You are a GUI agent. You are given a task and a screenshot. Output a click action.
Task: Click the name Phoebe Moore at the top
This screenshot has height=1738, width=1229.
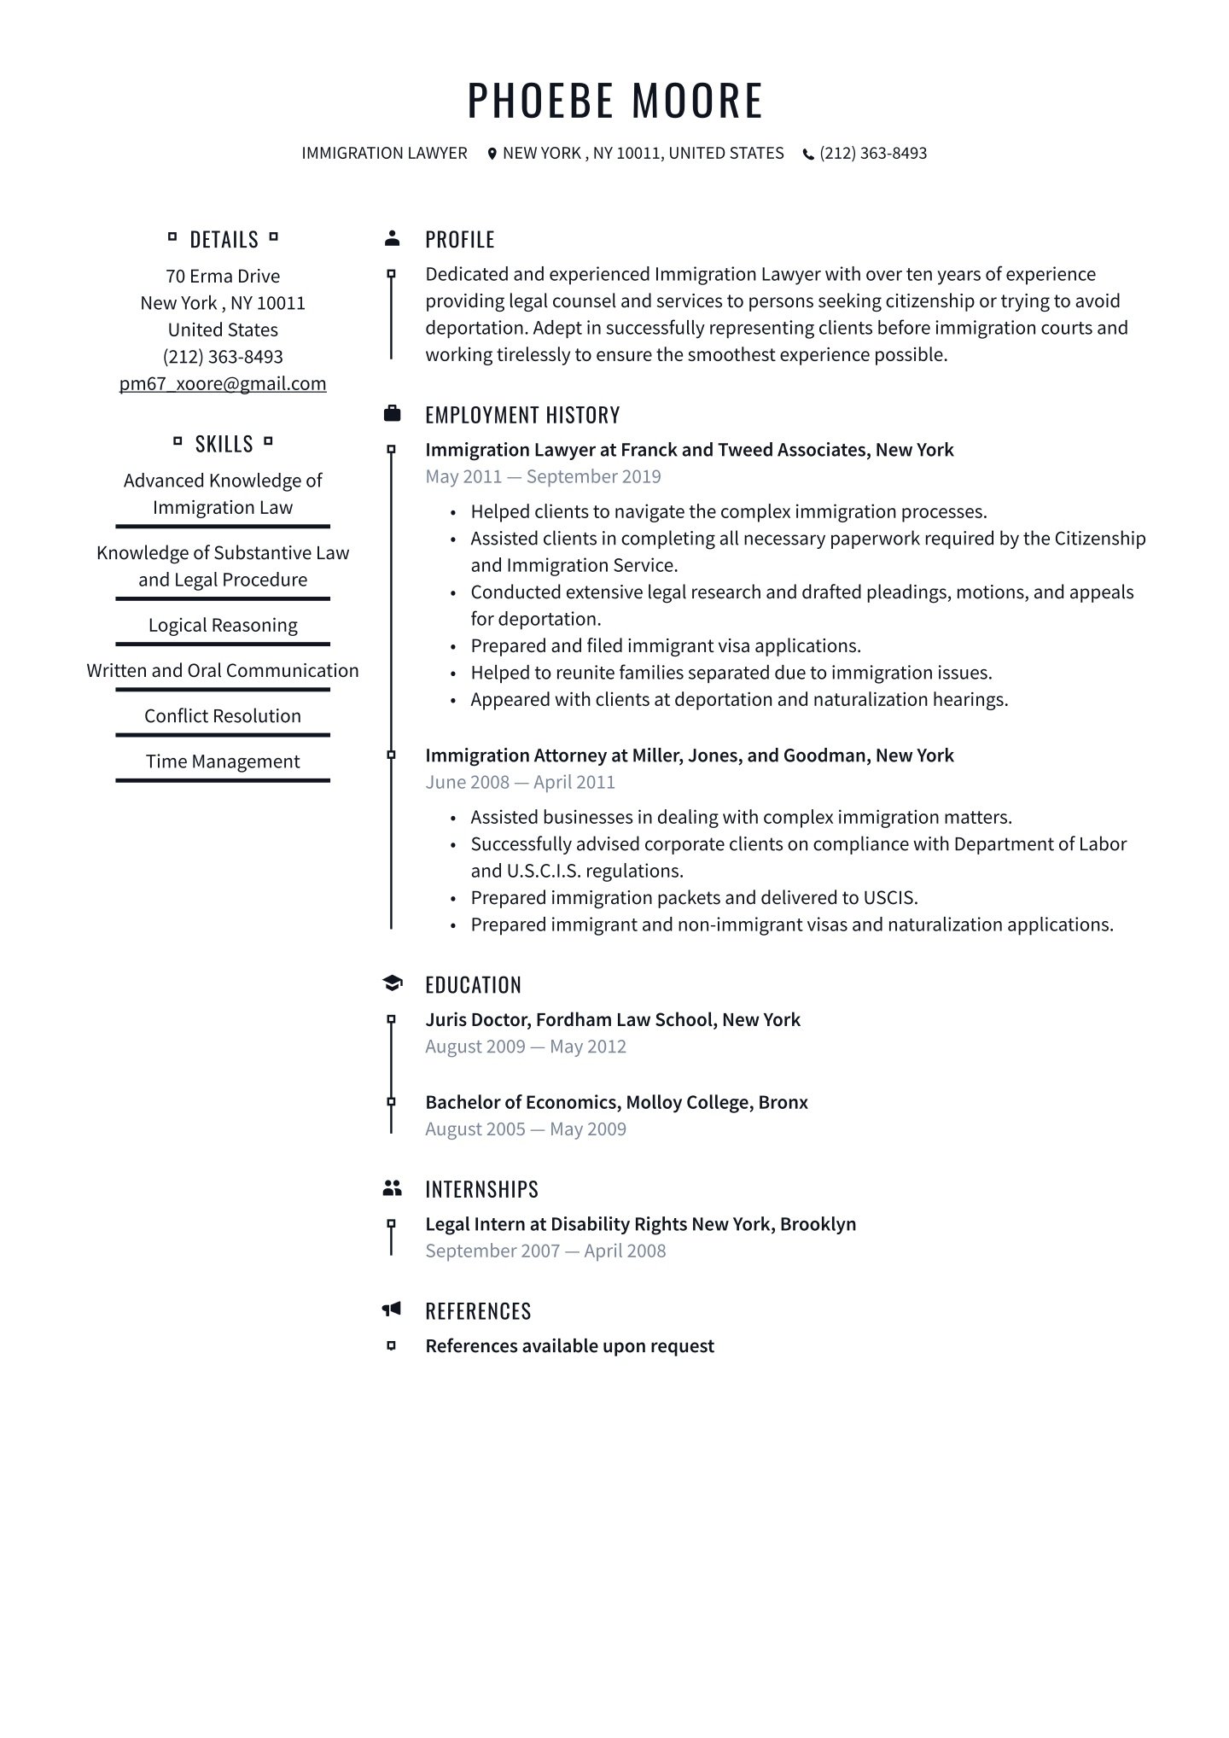[x=614, y=100]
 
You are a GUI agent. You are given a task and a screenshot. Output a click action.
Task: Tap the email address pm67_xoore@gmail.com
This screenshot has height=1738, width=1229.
[x=223, y=384]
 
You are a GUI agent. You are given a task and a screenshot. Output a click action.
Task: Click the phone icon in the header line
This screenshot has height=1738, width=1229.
[x=808, y=155]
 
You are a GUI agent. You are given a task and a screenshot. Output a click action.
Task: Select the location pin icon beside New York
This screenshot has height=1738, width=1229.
[x=492, y=154]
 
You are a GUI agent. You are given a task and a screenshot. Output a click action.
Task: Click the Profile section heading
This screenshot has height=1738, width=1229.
[x=459, y=240]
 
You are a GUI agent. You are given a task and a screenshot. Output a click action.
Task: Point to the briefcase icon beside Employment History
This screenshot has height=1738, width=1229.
[x=392, y=414]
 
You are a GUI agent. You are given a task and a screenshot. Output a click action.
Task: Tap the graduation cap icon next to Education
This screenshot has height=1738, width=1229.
[x=392, y=983]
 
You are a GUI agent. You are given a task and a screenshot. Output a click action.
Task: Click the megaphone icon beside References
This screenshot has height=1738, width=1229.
[x=392, y=1309]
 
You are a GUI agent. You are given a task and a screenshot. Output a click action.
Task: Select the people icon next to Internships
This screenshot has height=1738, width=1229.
[x=392, y=1187]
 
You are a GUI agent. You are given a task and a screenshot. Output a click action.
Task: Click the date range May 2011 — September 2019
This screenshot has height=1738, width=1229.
[x=543, y=476]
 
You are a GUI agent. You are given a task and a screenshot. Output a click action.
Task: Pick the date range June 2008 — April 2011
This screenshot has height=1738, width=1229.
[x=520, y=782]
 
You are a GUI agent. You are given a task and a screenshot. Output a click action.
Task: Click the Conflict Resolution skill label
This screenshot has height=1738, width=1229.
[x=223, y=716]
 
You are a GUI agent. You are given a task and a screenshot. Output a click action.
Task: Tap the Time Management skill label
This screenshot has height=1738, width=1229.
[x=223, y=761]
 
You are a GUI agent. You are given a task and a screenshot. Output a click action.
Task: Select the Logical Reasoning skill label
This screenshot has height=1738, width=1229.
[x=223, y=625]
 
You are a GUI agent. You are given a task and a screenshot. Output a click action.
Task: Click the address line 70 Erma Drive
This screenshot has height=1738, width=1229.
[x=223, y=276]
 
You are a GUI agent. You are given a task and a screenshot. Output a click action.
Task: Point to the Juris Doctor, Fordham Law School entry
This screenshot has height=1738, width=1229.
[x=613, y=1019]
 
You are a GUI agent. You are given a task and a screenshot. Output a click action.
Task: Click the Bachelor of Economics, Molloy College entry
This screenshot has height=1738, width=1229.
[x=616, y=1102]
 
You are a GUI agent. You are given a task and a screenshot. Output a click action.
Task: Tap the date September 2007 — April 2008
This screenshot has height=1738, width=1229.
[x=545, y=1251]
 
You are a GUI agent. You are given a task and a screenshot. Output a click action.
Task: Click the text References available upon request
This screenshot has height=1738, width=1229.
[x=569, y=1346]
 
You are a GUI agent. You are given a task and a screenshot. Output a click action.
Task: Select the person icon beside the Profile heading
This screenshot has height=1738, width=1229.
[x=392, y=238]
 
